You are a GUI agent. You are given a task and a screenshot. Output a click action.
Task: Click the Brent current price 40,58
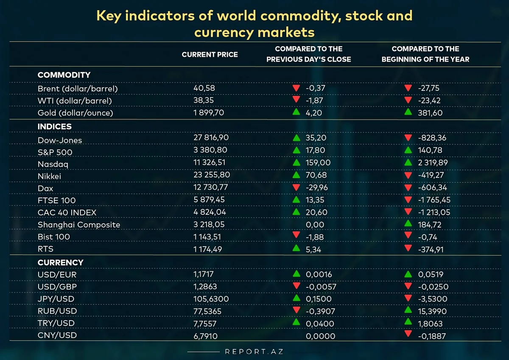click(x=204, y=88)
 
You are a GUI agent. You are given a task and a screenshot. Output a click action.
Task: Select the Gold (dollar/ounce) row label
click(x=75, y=113)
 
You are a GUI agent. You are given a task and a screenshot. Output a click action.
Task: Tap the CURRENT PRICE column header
click(x=210, y=54)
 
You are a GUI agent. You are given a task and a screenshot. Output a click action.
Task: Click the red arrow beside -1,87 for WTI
click(x=296, y=100)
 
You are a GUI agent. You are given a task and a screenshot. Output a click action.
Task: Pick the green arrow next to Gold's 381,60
click(x=408, y=112)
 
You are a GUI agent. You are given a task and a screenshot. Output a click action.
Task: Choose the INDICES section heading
click(x=55, y=127)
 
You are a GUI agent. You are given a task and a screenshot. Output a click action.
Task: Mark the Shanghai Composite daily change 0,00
click(x=315, y=225)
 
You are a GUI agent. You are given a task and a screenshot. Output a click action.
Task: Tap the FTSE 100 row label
click(x=56, y=200)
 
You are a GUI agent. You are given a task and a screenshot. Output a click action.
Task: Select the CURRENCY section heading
click(x=61, y=262)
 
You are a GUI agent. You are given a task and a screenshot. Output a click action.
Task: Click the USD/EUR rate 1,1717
click(x=205, y=275)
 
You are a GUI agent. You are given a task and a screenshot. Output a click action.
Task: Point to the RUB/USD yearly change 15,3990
click(x=433, y=311)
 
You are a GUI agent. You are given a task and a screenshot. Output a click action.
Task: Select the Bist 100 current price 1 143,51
click(x=207, y=237)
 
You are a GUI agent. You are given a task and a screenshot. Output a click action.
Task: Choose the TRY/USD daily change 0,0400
click(x=320, y=323)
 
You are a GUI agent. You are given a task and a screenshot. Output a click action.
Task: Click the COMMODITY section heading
click(x=64, y=75)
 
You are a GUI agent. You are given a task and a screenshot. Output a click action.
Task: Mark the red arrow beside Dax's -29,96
click(x=296, y=187)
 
